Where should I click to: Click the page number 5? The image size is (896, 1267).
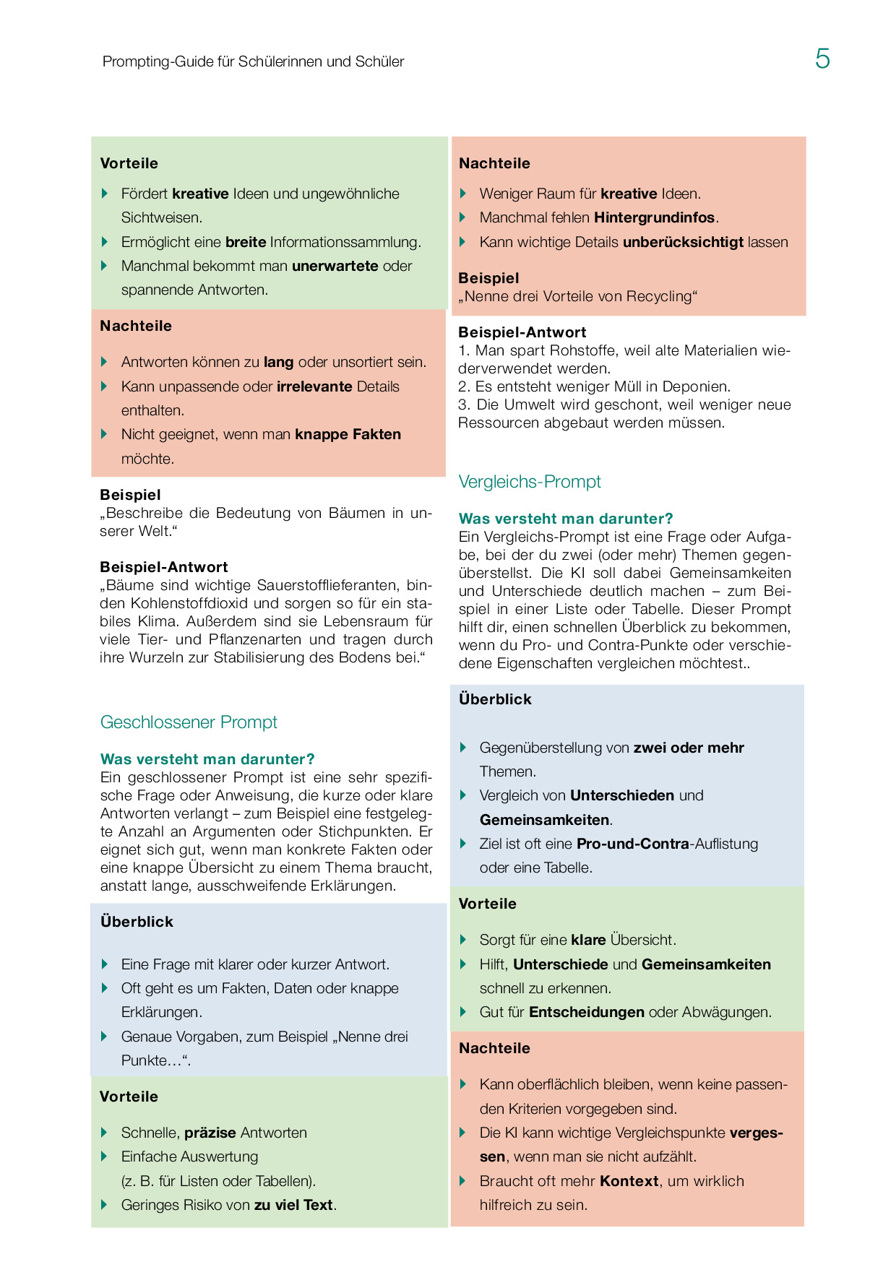822,59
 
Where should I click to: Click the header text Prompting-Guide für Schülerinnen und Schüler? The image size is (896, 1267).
253,61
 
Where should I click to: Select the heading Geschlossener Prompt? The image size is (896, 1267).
189,722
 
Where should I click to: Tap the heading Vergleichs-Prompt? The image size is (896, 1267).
530,482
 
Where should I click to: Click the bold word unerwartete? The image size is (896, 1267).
335,266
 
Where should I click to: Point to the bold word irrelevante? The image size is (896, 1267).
314,386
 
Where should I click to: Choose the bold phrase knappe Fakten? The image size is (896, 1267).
348,434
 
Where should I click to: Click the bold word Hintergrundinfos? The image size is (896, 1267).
655,217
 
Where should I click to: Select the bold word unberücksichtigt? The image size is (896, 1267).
683,242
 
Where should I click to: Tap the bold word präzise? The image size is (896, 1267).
210,1133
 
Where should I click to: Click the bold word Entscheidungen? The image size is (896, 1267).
587,1012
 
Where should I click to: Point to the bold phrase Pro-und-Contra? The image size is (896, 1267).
632,844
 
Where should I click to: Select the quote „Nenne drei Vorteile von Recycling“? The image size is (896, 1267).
578,296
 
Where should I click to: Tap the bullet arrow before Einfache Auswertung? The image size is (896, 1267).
105,1156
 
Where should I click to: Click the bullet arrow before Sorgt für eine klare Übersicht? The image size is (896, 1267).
463,940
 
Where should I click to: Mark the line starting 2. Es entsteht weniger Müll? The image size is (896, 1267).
594,386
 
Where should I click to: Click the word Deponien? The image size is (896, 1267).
697,386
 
